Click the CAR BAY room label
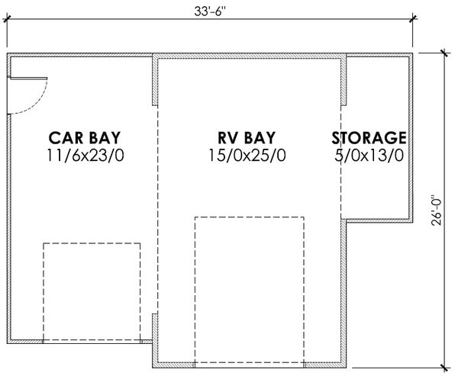pyautogui.click(x=84, y=138)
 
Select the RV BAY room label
pyautogui.click(x=246, y=138)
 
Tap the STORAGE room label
pyautogui.click(x=368, y=138)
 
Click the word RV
pyautogui.click(x=228, y=138)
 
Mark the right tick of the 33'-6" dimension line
pyautogui.click(x=413, y=20)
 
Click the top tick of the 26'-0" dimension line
pyautogui.click(x=443, y=53)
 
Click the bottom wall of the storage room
pyautogui.click(x=379, y=220)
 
